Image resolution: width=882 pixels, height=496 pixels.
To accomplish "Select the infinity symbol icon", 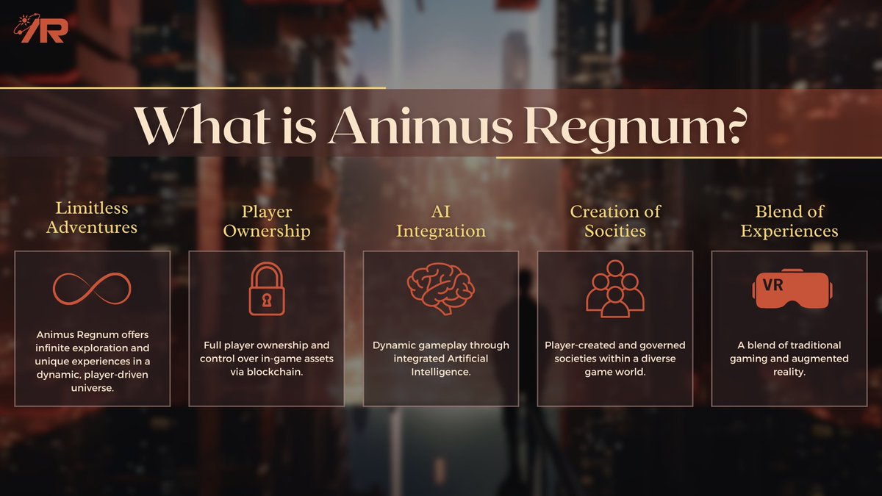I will coord(92,290).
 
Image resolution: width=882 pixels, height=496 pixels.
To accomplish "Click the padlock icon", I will coord(266,289).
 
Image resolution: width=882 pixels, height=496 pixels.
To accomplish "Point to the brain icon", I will coord(440,287).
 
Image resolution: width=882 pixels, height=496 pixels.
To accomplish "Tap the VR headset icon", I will coord(789,290).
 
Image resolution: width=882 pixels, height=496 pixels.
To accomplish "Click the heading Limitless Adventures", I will coord(92,218).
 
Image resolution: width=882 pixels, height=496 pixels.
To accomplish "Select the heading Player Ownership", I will coord(266,221).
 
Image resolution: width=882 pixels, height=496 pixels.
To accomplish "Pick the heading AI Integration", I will coord(440,221).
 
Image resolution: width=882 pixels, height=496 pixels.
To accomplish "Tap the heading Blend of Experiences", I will coord(789,221).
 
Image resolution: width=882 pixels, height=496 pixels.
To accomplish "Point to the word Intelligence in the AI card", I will coord(441,373).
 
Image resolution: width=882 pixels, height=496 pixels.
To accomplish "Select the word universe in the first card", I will coord(92,387).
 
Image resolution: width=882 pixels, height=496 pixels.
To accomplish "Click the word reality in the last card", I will coord(789,373).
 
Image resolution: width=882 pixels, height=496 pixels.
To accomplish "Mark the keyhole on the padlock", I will coord(266,300).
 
